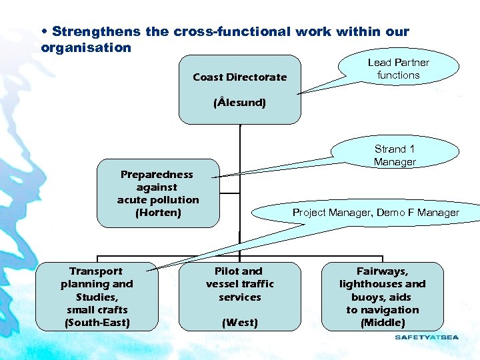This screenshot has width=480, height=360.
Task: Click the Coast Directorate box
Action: pyautogui.click(x=239, y=89)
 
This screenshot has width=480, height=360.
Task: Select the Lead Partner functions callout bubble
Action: pyautogui.click(x=398, y=69)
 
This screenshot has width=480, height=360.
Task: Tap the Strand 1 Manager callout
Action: pyautogui.click(x=395, y=155)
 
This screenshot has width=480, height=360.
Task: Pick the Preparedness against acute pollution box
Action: pyautogui.click(x=158, y=193)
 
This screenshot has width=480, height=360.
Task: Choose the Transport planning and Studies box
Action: pyautogui.click(x=97, y=297)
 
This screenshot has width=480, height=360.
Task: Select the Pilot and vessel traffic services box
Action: pyautogui.click(x=239, y=297)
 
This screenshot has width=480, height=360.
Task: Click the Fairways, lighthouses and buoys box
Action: pyautogui.click(x=382, y=297)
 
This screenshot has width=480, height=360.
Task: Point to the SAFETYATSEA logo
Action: pyautogui.click(x=427, y=337)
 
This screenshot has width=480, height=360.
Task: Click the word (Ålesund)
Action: pyautogui.click(x=239, y=103)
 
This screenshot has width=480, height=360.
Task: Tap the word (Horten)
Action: pyautogui.click(x=158, y=213)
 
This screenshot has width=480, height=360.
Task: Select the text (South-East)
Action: pyautogui.click(x=97, y=323)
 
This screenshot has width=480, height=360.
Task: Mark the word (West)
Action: pyautogui.click(x=239, y=323)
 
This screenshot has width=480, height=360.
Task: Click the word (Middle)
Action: pyautogui.click(x=382, y=323)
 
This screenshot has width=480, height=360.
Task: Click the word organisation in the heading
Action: pyautogui.click(x=86, y=47)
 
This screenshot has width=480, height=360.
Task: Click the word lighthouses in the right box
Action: pyautogui.click(x=382, y=284)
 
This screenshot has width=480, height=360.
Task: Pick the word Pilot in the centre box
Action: pyautogui.click(x=227, y=271)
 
